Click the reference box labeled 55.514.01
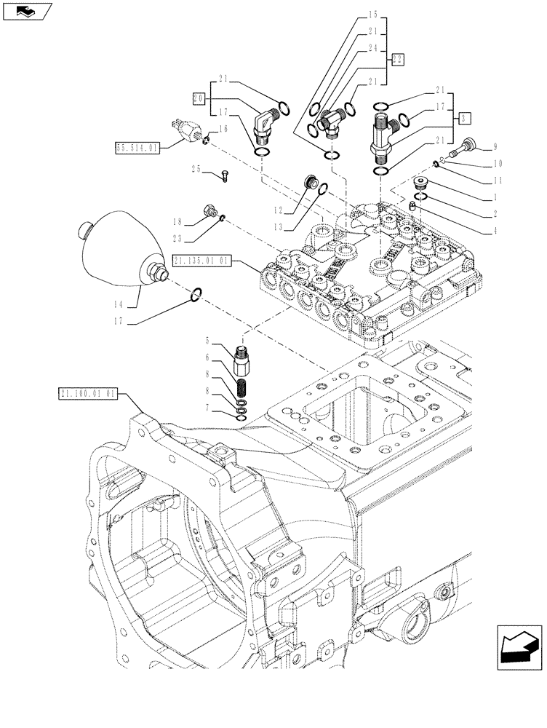[137, 148]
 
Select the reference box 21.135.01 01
[202, 259]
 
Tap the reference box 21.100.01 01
[87, 394]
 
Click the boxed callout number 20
[199, 97]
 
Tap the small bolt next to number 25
[224, 175]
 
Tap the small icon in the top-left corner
[28, 11]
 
